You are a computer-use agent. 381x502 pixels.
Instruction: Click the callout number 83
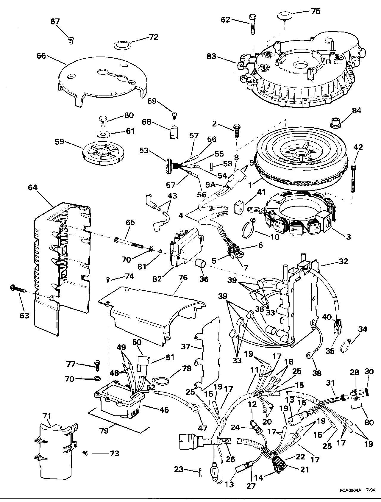[212, 56]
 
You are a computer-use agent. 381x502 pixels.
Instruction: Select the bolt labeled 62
[252, 24]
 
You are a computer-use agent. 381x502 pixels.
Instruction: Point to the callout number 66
[41, 56]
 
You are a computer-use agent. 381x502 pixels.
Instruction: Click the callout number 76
[183, 278]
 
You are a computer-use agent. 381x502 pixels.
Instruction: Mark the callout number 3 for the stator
[348, 237]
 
